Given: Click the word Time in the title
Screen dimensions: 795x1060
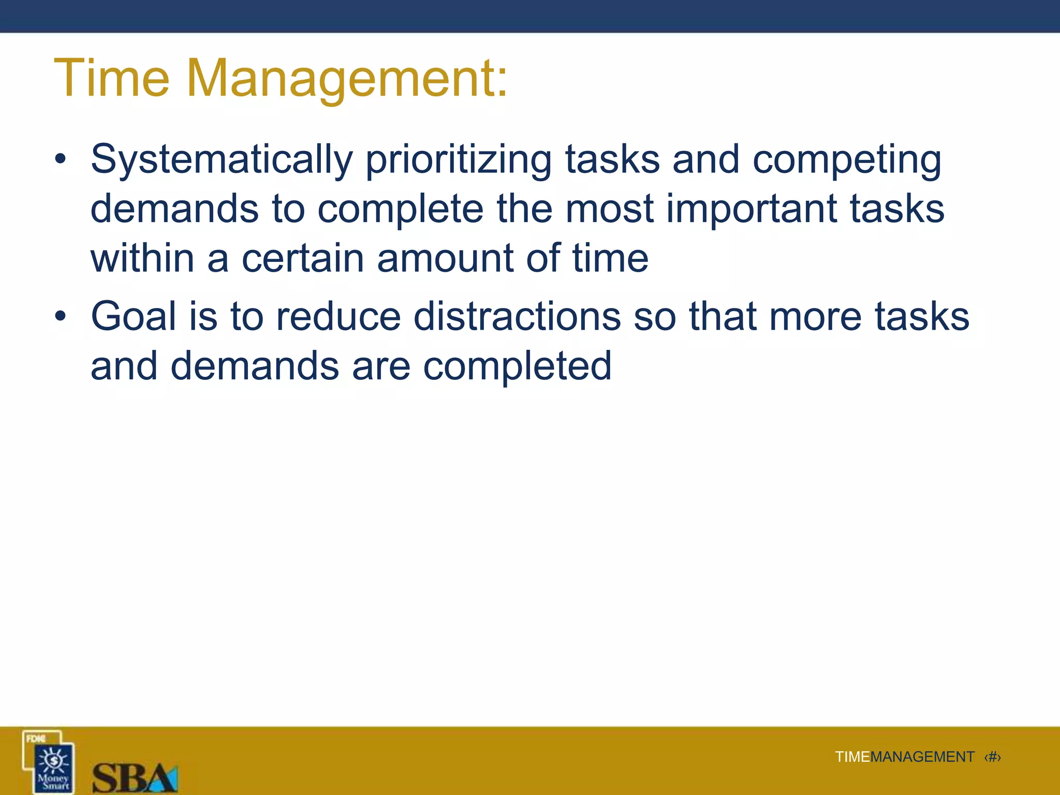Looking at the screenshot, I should pyautogui.click(x=111, y=79).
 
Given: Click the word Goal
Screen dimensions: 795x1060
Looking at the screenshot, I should pyautogui.click(x=134, y=316).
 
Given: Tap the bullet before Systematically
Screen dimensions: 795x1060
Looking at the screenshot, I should pyautogui.click(x=61, y=159).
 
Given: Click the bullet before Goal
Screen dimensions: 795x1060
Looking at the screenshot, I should pyautogui.click(x=61, y=316).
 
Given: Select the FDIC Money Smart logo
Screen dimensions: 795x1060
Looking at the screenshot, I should pyautogui.click(x=50, y=762).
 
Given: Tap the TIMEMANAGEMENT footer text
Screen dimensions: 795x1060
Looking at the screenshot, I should pyautogui.click(x=904, y=757).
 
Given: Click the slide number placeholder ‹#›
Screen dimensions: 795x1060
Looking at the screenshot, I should pyautogui.click(x=992, y=757).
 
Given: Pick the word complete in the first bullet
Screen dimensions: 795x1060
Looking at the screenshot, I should pyautogui.click(x=400, y=210).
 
